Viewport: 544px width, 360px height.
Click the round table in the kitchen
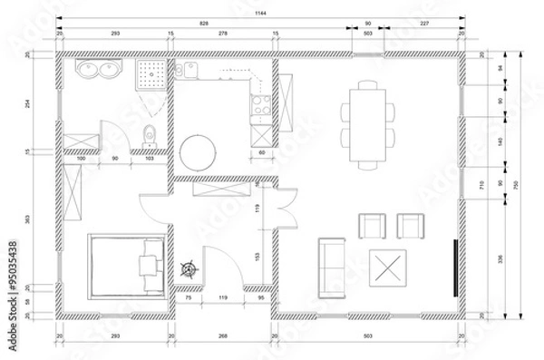coord(198,151)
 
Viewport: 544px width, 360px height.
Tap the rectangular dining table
coord(368,123)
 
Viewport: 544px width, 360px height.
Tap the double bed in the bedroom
coord(125,267)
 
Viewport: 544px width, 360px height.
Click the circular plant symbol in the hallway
coord(190,269)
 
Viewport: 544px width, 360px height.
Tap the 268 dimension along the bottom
coord(221,336)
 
